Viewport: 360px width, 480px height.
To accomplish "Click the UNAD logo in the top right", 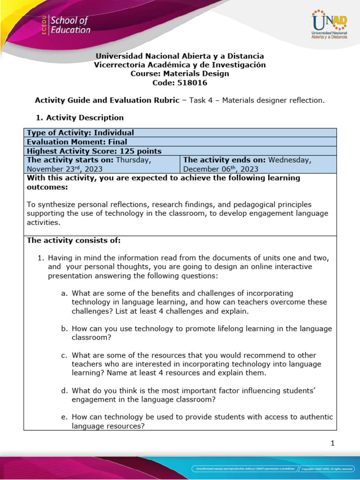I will (x=329, y=25).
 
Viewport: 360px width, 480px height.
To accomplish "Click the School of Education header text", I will (x=70, y=25).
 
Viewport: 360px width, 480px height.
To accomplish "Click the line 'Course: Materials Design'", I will (x=180, y=74).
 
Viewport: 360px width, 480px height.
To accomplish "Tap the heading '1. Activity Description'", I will (x=80, y=118).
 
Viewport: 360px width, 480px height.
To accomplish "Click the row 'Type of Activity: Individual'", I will (x=80, y=133).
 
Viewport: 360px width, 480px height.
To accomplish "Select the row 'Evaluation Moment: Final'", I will (x=77, y=142).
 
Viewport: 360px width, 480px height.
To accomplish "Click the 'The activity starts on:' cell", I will (x=102, y=164).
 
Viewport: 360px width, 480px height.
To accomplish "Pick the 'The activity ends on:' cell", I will (x=258, y=164).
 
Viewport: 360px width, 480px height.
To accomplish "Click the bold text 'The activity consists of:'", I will (x=74, y=240).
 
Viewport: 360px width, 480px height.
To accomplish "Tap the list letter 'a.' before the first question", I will (x=64, y=293).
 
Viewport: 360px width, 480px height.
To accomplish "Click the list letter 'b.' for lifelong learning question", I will (x=64, y=329).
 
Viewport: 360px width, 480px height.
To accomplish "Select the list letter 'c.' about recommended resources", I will (x=64, y=355).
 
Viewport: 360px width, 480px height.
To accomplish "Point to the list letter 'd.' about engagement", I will (x=64, y=390).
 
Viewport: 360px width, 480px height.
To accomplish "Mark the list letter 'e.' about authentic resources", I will (x=64, y=417).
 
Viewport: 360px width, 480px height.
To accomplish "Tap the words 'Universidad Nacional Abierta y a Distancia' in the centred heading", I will (x=180, y=56).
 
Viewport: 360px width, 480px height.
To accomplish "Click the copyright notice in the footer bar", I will (x=326, y=469).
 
